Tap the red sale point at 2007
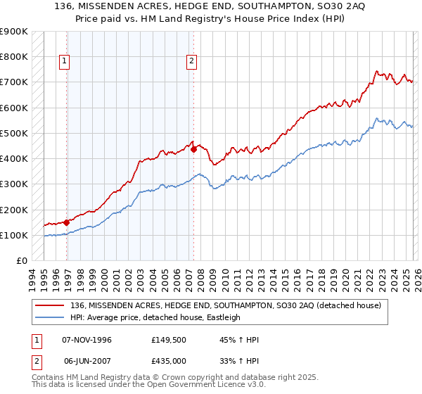point(193,149)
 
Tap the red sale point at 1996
point(67,222)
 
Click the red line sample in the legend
point(51,305)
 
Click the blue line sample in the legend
point(51,317)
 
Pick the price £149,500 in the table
point(169,340)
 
